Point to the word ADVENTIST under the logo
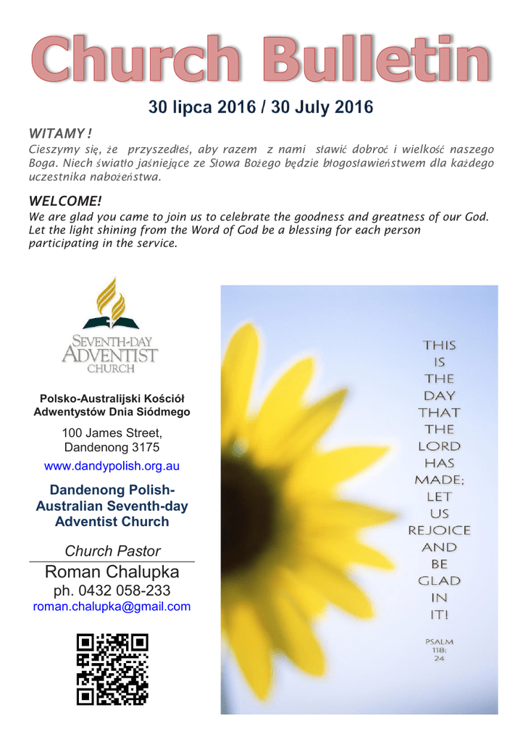109,354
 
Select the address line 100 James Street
112,432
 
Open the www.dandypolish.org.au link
112,466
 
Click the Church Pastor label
112,551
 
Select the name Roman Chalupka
112,572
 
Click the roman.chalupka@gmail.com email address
112,606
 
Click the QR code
112,668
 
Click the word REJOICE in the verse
440,530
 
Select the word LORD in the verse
440,446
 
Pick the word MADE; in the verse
440,480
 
